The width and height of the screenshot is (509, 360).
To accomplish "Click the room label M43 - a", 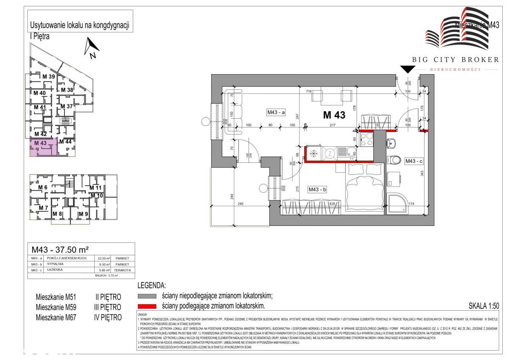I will (x=276, y=112).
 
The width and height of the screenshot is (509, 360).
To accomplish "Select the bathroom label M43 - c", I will (x=414, y=161).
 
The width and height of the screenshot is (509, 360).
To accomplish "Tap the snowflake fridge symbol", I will (x=314, y=153).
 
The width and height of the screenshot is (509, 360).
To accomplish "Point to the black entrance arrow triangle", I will (x=408, y=69).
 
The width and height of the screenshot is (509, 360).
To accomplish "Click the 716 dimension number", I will (x=309, y=91).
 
